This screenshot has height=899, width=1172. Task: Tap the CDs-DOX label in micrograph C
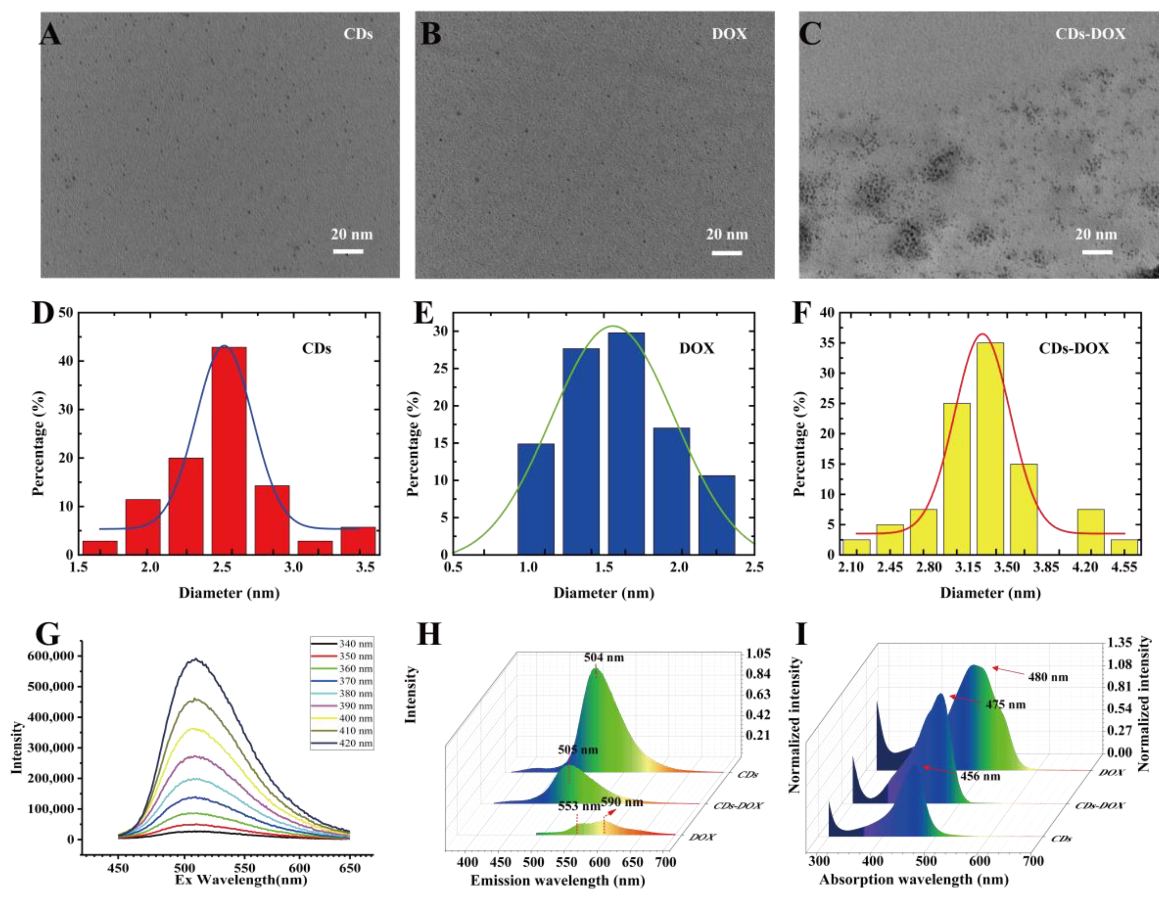[x=1090, y=34]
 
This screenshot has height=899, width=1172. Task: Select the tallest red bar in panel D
[x=229, y=451]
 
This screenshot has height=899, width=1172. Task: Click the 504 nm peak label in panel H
[x=604, y=658]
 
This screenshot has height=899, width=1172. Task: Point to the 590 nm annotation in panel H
[x=622, y=802]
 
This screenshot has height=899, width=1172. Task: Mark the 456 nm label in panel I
[x=980, y=776]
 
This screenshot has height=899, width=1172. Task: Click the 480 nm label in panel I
[x=1048, y=677]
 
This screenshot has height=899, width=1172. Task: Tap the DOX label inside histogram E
[x=696, y=349]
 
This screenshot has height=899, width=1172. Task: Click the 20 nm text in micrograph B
[x=727, y=234]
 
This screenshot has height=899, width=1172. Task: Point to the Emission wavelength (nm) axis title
[x=558, y=881]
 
